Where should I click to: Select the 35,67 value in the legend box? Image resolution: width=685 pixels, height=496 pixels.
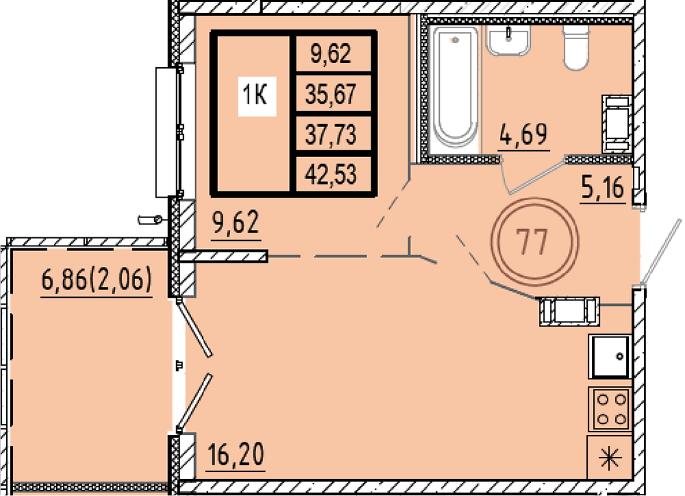331,93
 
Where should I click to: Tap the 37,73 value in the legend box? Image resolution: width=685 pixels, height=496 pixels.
331,134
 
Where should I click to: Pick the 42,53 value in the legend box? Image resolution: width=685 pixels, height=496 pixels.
331,174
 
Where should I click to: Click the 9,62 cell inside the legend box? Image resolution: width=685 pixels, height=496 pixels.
331,54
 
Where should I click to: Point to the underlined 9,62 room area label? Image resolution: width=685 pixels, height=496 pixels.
236,223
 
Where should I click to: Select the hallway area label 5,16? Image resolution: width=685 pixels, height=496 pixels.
603,188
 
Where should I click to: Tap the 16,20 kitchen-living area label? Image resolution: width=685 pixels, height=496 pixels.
236,455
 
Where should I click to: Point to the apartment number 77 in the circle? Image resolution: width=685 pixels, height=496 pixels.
532,241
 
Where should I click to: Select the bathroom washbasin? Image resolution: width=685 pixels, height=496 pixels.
508,40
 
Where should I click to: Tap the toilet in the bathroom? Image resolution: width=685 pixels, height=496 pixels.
576,47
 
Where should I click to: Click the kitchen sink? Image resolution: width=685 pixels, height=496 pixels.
610,357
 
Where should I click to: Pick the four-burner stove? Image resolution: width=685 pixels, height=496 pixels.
610,408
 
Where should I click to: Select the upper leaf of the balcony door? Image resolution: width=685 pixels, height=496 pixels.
195,327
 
